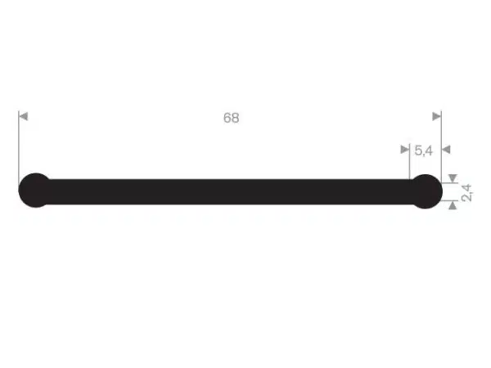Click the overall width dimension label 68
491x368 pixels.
[x=232, y=118]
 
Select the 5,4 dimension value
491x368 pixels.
[x=423, y=150]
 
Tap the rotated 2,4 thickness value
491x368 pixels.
[x=466, y=193]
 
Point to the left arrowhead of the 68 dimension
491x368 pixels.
[x=24, y=116]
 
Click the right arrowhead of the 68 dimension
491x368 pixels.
[x=437, y=116]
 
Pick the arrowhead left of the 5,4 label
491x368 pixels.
[x=405, y=150]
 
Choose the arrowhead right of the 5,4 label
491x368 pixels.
[x=446, y=150]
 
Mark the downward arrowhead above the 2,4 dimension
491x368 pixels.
[x=453, y=178]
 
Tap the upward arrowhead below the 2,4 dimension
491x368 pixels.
[x=453, y=205]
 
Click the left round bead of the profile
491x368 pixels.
[x=35, y=191]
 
